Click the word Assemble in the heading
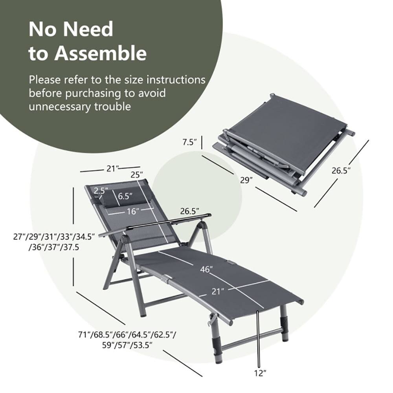100,53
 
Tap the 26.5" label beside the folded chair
340,171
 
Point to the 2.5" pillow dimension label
101,191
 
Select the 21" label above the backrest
113,168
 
